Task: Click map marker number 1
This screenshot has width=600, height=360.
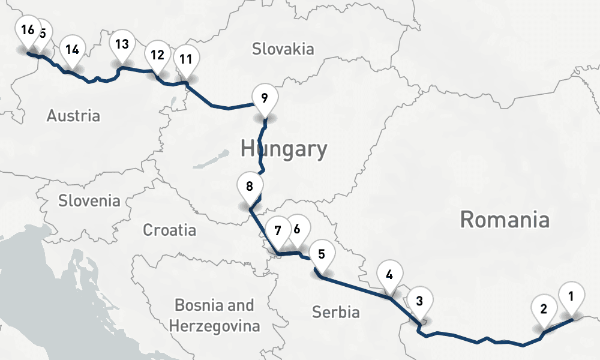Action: (571, 295)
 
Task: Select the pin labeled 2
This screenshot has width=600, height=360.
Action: (544, 310)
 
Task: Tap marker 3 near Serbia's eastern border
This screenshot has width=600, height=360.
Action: (419, 301)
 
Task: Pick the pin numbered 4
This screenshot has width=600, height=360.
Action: (389, 275)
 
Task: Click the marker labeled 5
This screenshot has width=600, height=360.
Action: (321, 253)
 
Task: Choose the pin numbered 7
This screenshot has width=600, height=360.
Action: (277, 230)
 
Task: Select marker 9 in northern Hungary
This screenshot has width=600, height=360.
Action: (265, 97)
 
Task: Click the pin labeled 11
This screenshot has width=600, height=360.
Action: (186, 59)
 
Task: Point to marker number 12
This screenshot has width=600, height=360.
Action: (157, 55)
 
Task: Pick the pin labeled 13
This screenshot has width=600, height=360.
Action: (122, 44)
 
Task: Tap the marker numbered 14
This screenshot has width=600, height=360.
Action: (72, 49)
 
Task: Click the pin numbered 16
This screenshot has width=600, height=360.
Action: (26, 31)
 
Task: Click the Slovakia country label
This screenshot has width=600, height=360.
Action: (283, 49)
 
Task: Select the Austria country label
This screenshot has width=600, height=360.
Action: (73, 115)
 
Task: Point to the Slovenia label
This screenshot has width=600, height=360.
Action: (89, 200)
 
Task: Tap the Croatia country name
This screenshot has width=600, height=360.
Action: (169, 229)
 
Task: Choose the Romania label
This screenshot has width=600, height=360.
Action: (504, 220)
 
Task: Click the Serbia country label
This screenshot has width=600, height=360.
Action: (336, 311)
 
